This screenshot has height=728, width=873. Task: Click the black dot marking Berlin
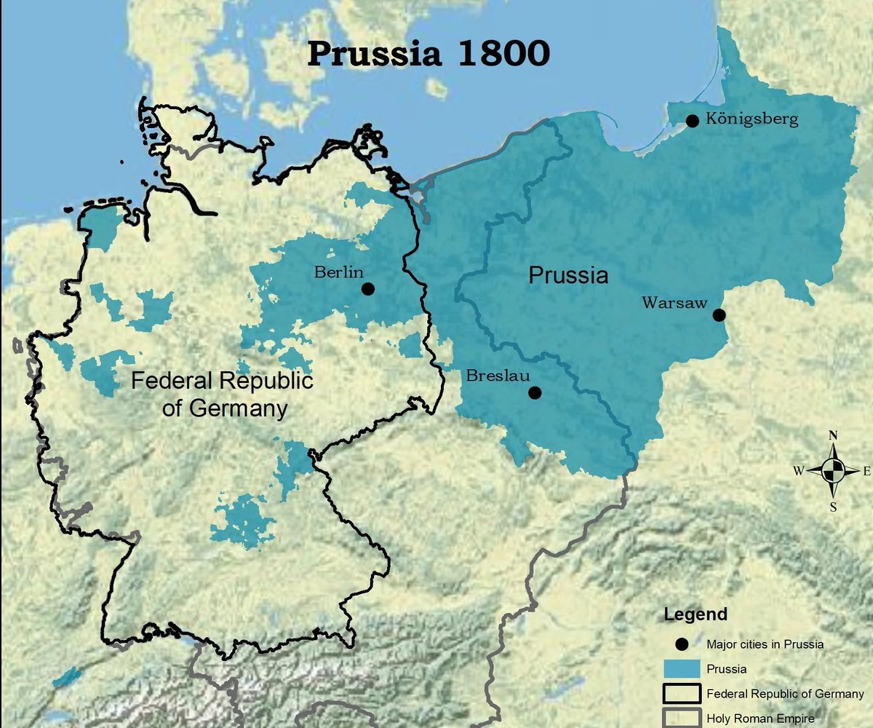tap(368, 289)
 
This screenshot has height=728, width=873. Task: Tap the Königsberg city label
tap(752, 119)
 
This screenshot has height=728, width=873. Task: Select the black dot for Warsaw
tap(719, 315)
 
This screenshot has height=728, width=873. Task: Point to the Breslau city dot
tap(535, 393)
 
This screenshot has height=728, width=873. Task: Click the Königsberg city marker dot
tap(693, 120)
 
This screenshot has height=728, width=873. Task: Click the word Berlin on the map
tap(338, 272)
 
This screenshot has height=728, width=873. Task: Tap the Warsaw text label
tap(674, 303)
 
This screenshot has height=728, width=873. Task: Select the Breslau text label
tap(495, 376)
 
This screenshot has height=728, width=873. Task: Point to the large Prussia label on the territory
tap(567, 276)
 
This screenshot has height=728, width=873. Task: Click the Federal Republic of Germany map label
tap(222, 394)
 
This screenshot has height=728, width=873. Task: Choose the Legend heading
tap(695, 614)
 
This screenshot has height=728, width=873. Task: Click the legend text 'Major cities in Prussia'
tap(764, 644)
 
